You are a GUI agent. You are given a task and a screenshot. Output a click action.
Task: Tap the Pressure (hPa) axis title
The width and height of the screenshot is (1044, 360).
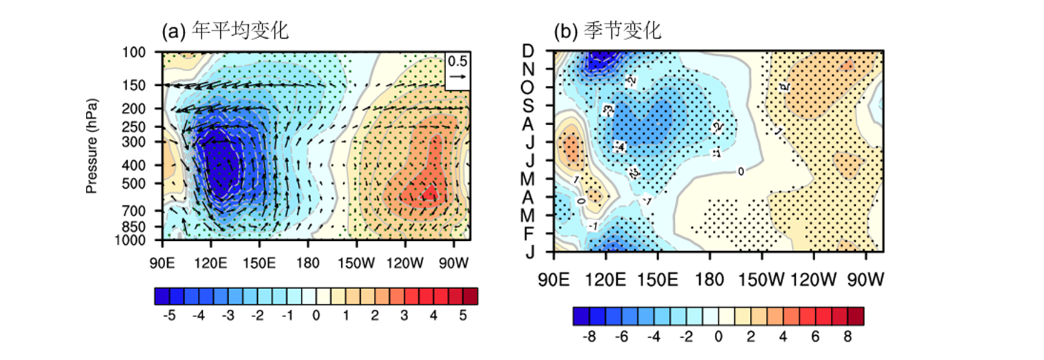(91, 146)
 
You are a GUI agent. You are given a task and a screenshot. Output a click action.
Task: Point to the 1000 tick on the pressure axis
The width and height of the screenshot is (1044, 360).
(130, 240)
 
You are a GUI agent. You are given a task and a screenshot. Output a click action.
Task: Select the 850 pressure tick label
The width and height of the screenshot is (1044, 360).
(134, 227)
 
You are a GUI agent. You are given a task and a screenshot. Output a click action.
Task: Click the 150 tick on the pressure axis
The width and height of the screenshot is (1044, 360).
(134, 85)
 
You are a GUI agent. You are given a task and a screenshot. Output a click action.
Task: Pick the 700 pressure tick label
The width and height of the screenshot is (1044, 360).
(134, 211)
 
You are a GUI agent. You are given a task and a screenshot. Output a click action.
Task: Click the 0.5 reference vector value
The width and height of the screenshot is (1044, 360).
(457, 61)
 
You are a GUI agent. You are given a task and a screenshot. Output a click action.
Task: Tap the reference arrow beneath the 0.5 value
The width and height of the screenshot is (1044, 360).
(458, 76)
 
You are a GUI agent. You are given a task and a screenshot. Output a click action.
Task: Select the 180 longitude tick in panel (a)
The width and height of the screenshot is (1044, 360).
(307, 263)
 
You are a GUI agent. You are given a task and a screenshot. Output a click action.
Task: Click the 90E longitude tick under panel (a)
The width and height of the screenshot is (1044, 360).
(162, 263)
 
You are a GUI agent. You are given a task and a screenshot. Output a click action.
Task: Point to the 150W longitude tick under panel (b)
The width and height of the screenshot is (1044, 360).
(761, 280)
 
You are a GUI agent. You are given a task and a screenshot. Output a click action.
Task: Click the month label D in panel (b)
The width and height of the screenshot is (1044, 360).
(528, 51)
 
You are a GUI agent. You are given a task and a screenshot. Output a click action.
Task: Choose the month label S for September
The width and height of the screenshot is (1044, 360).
(528, 106)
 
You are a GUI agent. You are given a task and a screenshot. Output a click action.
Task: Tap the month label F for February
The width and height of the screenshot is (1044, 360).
(528, 234)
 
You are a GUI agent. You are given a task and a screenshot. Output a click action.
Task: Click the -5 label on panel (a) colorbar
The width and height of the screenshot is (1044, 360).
(169, 315)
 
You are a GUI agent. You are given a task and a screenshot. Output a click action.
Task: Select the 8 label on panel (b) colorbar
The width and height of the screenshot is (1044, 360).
(847, 336)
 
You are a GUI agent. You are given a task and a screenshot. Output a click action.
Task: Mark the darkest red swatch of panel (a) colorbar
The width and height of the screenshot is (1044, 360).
(470, 296)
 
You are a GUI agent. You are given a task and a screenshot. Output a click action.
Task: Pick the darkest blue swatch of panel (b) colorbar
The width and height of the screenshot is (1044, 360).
(581, 316)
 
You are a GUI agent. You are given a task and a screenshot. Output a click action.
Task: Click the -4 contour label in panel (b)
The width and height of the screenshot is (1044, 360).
(619, 147)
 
